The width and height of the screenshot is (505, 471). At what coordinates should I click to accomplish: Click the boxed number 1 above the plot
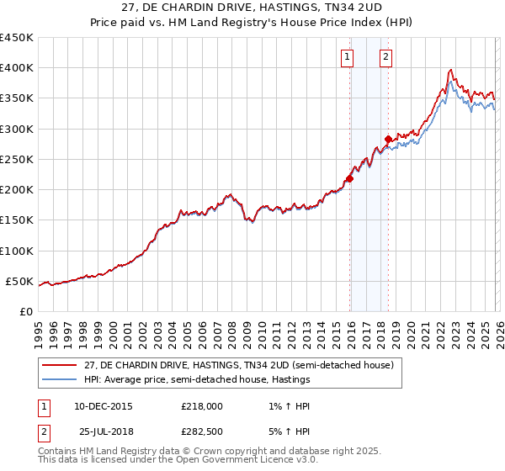point(348,57)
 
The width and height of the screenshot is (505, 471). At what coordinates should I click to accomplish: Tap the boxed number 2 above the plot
point(385,57)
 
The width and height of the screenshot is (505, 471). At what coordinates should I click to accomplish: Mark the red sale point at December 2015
point(349,178)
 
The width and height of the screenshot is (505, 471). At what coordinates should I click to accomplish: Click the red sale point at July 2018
point(388,140)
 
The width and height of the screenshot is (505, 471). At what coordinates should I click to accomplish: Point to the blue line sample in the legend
point(59,380)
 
